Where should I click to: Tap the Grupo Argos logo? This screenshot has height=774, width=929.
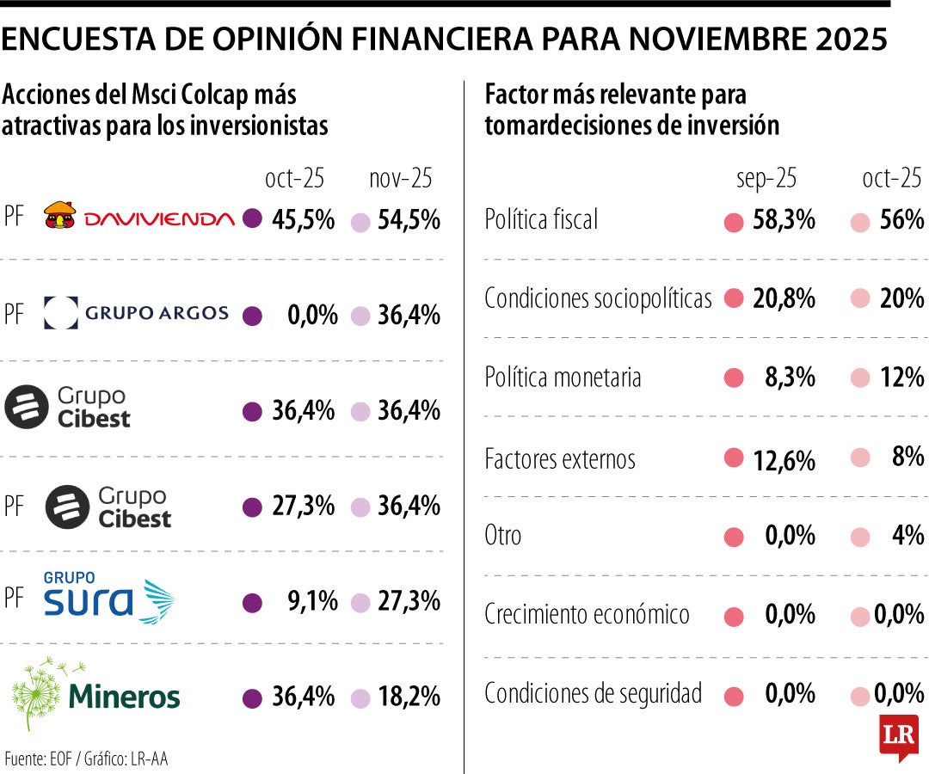coord(136,314)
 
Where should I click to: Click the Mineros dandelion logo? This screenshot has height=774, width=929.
coord(96,693)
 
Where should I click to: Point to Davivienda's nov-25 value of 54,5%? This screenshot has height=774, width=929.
coord(409,219)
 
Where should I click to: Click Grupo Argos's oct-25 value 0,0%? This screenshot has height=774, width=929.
coord(312,316)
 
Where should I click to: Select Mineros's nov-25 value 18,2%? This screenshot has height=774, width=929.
coord(409,696)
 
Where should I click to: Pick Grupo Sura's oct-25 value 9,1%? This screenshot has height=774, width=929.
coord(312,599)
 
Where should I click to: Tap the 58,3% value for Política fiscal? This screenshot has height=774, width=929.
coord(783,220)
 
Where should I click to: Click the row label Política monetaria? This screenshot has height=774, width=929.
coord(563,378)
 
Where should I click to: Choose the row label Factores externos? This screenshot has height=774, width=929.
coord(560,458)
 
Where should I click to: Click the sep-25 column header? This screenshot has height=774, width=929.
coord(766,178)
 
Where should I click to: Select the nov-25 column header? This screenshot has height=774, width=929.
coord(400,178)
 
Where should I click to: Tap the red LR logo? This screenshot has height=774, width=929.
coord(898,736)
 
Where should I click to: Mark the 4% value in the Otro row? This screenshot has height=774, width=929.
coord(907,536)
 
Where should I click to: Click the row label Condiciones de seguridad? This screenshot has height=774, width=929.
coord(594,693)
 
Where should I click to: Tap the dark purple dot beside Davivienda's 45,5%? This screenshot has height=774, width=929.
coord(252,219)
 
